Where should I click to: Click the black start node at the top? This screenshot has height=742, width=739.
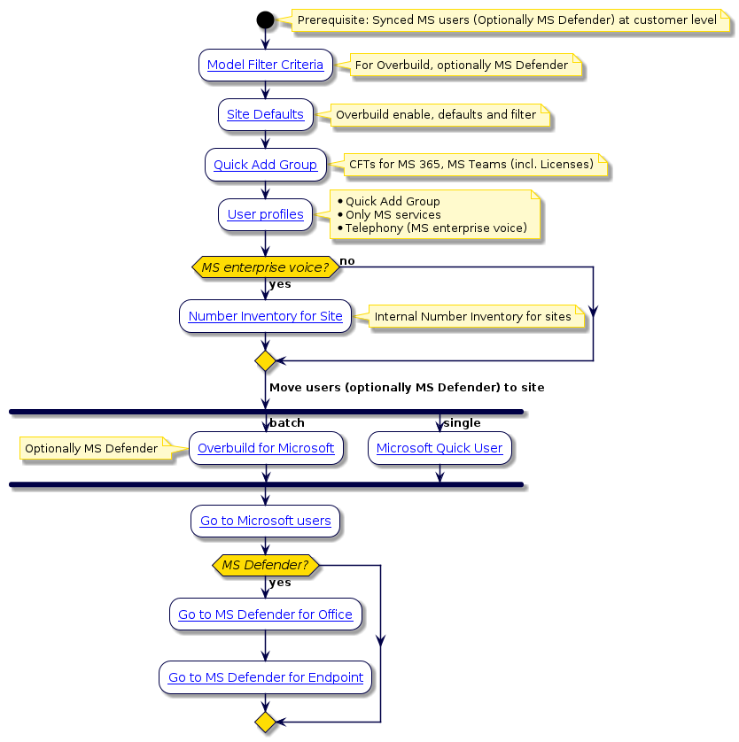265,19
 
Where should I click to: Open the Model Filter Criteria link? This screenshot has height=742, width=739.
265,65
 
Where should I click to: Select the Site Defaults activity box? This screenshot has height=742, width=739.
265,114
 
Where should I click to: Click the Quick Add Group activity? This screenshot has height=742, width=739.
265,165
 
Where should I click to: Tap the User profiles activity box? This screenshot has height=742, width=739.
265,214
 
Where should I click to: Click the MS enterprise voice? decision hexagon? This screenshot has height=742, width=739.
265,267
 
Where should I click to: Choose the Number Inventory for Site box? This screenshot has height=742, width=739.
265,316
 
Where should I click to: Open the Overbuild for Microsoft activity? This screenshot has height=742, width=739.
266,448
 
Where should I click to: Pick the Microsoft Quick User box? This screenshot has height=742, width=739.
440,448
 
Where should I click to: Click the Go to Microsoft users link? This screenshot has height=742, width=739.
265,521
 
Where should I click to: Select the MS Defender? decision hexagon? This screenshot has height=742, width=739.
265,565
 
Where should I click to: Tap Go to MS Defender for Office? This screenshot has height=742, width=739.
265,614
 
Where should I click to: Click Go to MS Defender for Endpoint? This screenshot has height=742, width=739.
265,677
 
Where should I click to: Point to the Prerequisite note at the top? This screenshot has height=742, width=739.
507,19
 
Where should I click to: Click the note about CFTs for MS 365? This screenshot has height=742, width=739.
471,164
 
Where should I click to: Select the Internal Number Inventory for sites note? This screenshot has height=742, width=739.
472,316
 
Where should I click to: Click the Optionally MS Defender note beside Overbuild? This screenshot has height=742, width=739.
91,449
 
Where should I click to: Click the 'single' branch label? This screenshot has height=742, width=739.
461,423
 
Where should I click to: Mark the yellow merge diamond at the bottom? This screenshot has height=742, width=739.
265,723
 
